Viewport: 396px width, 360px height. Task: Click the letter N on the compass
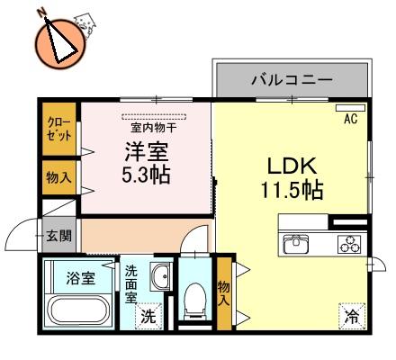click(x=41, y=12)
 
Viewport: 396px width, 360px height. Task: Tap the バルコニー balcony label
click(x=292, y=80)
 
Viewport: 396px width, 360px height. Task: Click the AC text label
click(x=351, y=119)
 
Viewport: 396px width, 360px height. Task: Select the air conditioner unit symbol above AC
click(x=350, y=108)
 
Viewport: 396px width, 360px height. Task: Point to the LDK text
click(x=292, y=166)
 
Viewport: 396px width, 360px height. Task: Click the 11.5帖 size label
click(x=292, y=190)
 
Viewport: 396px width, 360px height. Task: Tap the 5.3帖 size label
click(x=146, y=175)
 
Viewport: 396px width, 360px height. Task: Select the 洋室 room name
click(x=147, y=151)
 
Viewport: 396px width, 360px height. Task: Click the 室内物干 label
click(x=153, y=128)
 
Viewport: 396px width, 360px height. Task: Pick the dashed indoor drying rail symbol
click(x=154, y=117)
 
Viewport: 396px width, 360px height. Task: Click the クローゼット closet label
click(x=58, y=130)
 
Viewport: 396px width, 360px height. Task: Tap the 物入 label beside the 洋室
click(x=58, y=177)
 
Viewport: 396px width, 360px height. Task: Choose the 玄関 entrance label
click(x=59, y=236)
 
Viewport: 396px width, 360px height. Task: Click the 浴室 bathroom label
click(x=81, y=278)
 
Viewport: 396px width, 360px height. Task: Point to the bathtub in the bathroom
click(x=79, y=310)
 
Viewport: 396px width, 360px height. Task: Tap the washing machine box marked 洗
click(x=148, y=316)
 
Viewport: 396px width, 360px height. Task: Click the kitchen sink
click(x=296, y=243)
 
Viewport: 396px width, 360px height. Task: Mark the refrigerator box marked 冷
click(x=352, y=316)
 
